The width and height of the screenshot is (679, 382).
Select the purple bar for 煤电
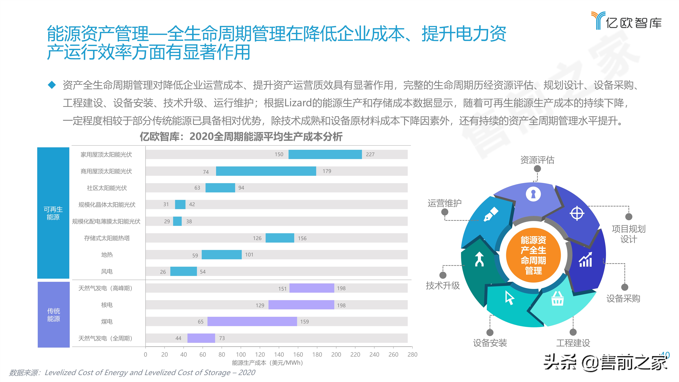252,321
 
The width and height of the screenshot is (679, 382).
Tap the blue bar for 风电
183,271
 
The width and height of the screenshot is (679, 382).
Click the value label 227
370,154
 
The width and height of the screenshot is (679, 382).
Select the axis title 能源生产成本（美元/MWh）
267,363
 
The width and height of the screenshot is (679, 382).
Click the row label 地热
107,255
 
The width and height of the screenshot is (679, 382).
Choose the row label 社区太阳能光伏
107,188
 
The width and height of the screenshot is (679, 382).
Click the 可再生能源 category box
53,213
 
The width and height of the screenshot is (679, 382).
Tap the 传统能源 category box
53,315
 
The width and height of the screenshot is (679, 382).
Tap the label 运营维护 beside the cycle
444,203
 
